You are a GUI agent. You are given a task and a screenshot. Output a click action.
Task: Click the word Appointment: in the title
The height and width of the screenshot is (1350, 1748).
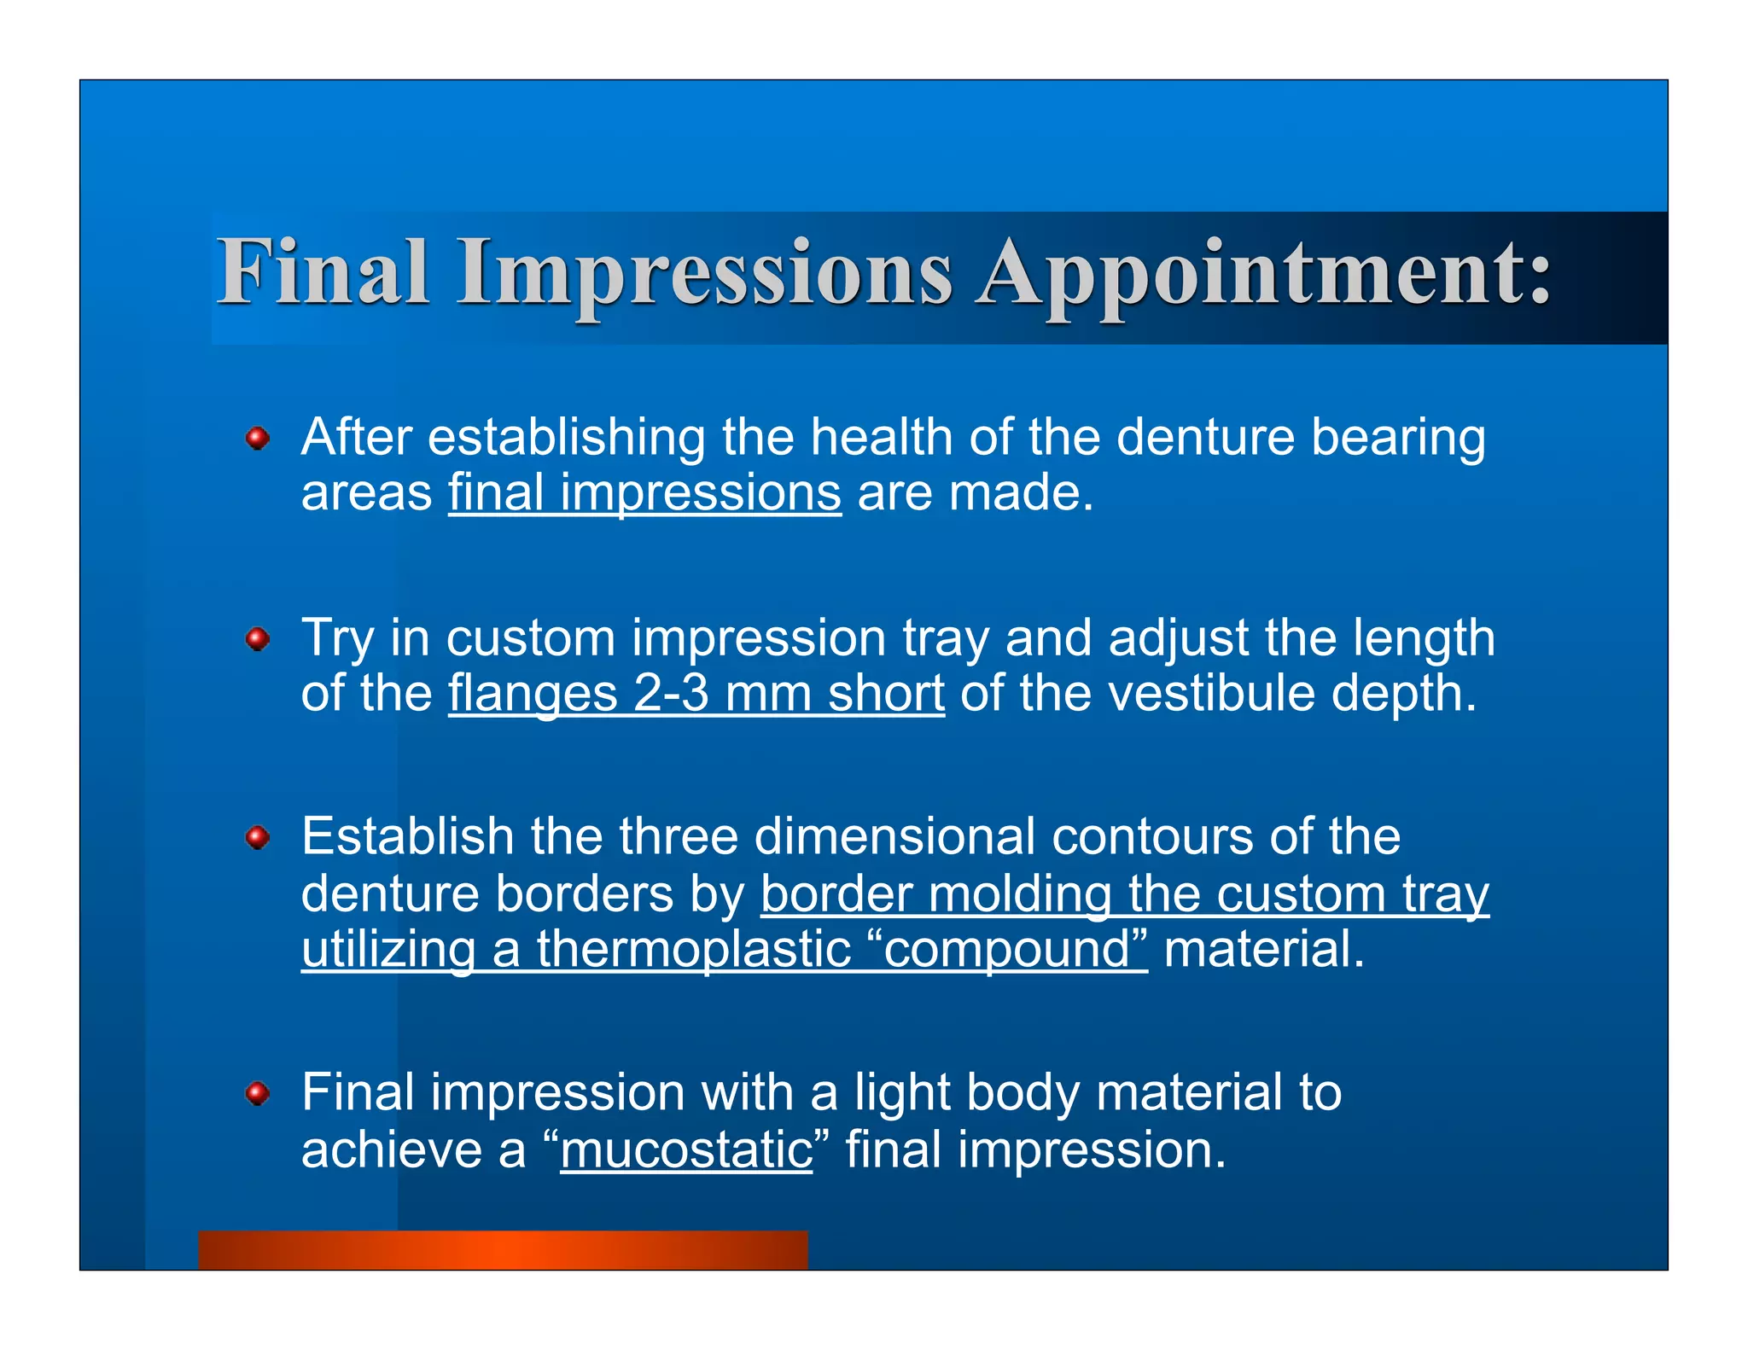1264,273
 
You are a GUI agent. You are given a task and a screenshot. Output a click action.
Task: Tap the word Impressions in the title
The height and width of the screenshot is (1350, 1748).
704,273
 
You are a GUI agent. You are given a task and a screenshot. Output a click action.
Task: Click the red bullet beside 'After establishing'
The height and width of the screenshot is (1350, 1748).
258,439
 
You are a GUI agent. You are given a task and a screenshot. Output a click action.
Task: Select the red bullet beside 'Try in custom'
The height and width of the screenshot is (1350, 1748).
258,639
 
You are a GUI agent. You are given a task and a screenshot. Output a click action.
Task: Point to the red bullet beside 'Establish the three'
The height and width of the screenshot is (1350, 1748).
258,838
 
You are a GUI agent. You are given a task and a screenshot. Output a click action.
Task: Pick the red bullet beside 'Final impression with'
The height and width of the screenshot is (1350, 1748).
258,1094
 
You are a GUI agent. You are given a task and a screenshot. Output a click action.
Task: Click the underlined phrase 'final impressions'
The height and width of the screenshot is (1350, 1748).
644,494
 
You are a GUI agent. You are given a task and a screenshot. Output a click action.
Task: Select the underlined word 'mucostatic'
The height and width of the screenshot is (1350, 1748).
686,1150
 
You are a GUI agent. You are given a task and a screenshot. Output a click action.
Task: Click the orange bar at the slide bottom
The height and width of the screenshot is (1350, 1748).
503,1249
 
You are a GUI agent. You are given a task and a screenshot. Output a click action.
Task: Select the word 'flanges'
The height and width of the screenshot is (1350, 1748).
533,695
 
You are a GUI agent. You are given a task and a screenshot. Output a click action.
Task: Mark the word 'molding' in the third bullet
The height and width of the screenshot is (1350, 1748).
1020,895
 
